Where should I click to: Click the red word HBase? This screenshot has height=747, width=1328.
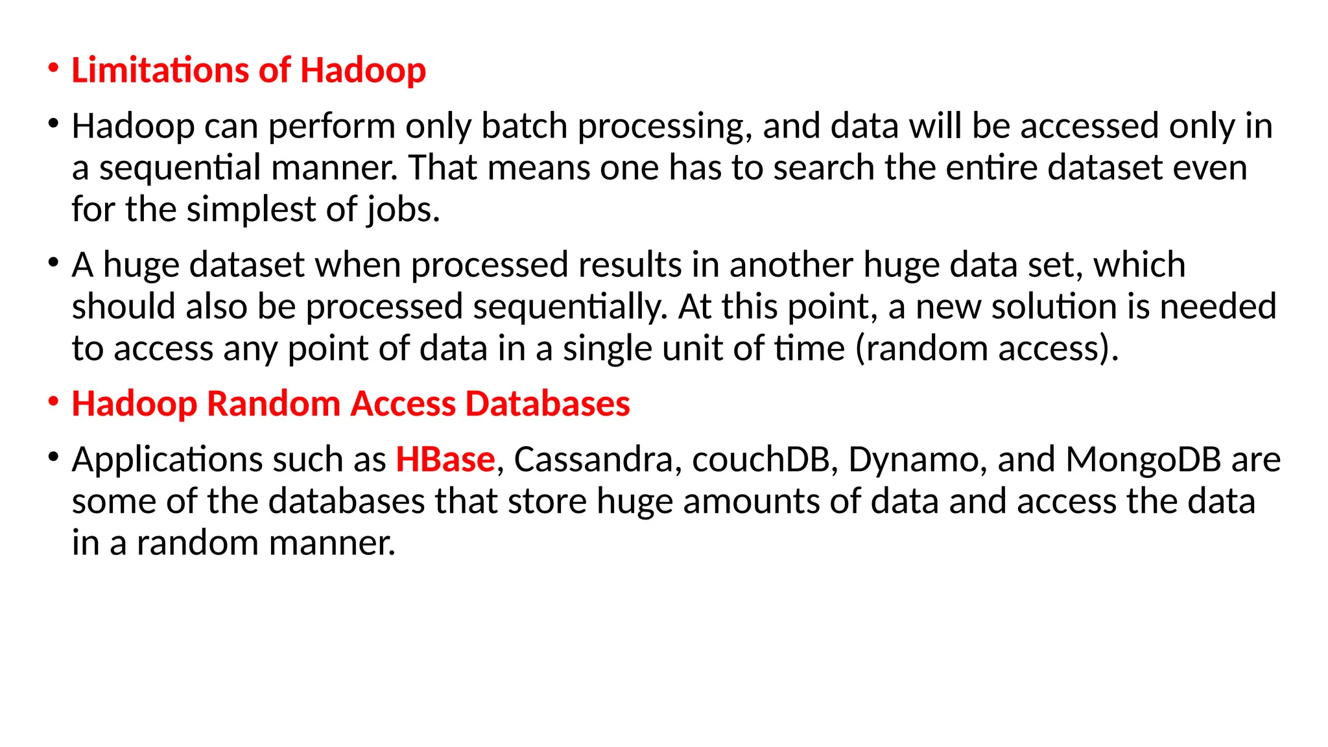tap(445, 460)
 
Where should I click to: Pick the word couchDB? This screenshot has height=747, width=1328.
tap(762, 460)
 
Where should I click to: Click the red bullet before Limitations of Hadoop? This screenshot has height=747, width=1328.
tap(54, 68)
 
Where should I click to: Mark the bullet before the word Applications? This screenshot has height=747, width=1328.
tap(54, 457)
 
